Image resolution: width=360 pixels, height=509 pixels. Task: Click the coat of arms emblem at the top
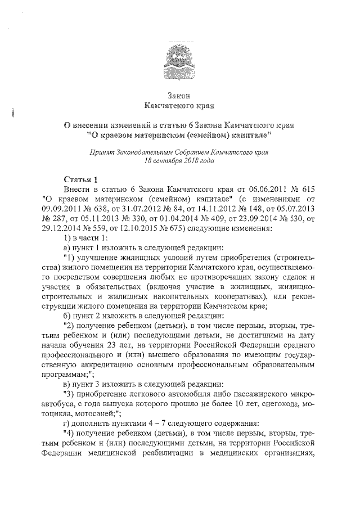[x=180, y=56]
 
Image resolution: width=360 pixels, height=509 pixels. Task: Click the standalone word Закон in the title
[x=179, y=95]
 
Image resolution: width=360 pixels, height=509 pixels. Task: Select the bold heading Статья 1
[x=81, y=179]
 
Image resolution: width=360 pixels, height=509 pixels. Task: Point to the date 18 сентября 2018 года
[x=179, y=160]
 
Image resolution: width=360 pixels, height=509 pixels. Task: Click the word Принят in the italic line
[x=103, y=152]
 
